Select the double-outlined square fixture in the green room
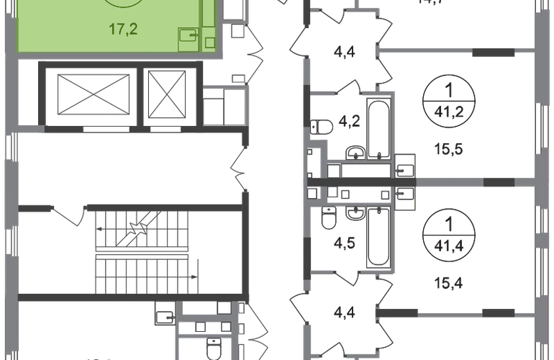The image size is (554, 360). (x=190, y=37)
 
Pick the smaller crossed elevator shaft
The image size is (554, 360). (x=167, y=96)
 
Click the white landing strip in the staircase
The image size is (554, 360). (x=143, y=253)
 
